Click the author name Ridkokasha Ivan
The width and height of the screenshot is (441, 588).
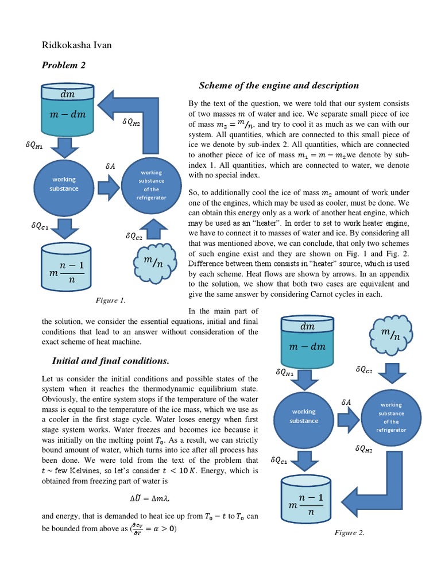(x=77, y=45)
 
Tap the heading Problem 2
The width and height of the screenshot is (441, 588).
(x=64, y=65)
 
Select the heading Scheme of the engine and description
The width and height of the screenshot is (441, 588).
(x=278, y=86)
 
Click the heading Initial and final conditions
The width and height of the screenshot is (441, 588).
(x=110, y=361)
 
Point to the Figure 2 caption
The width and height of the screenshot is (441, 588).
(x=350, y=533)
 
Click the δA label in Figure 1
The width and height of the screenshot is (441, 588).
(x=111, y=166)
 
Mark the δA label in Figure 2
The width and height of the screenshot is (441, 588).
(x=346, y=403)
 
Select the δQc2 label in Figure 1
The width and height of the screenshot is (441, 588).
(x=134, y=235)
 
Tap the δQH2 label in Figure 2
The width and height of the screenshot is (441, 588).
(x=364, y=449)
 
